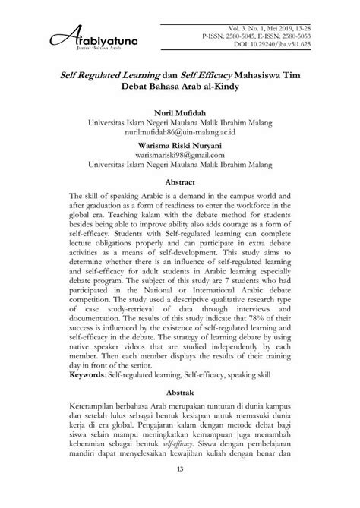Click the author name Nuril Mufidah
click(179, 113)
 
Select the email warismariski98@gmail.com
click(180, 155)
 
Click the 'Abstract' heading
click(180, 183)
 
